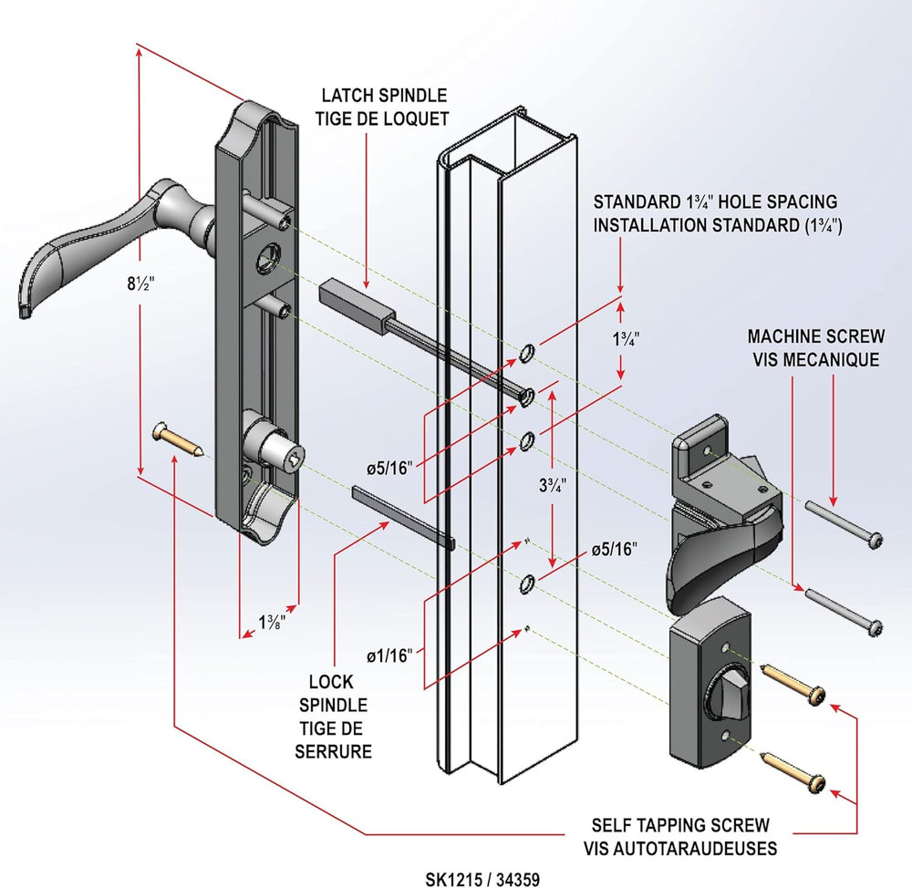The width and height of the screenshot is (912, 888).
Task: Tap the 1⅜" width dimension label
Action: [x=270, y=624]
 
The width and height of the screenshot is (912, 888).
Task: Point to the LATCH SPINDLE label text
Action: [x=384, y=95]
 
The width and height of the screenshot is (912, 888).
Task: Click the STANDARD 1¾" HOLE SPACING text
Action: [x=716, y=201]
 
